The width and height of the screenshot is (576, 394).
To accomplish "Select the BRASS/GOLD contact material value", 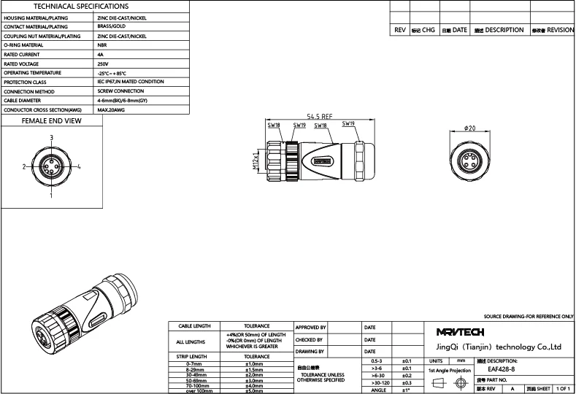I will [x=112, y=26].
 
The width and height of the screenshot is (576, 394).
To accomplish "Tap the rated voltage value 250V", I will [x=103, y=64].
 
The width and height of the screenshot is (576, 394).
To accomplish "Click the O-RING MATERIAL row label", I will [x=23, y=45].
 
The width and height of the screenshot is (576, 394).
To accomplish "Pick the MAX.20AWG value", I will [x=111, y=109].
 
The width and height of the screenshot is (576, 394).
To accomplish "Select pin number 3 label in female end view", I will [x=51, y=138].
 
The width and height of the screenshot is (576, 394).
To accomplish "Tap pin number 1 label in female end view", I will [x=51, y=196].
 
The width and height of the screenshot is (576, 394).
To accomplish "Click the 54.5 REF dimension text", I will [x=320, y=116].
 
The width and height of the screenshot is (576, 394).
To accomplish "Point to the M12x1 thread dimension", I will [x=256, y=161].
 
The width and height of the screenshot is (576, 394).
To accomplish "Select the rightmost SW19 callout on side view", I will [x=348, y=125].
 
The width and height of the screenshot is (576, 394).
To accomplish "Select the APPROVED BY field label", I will [x=310, y=328].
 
